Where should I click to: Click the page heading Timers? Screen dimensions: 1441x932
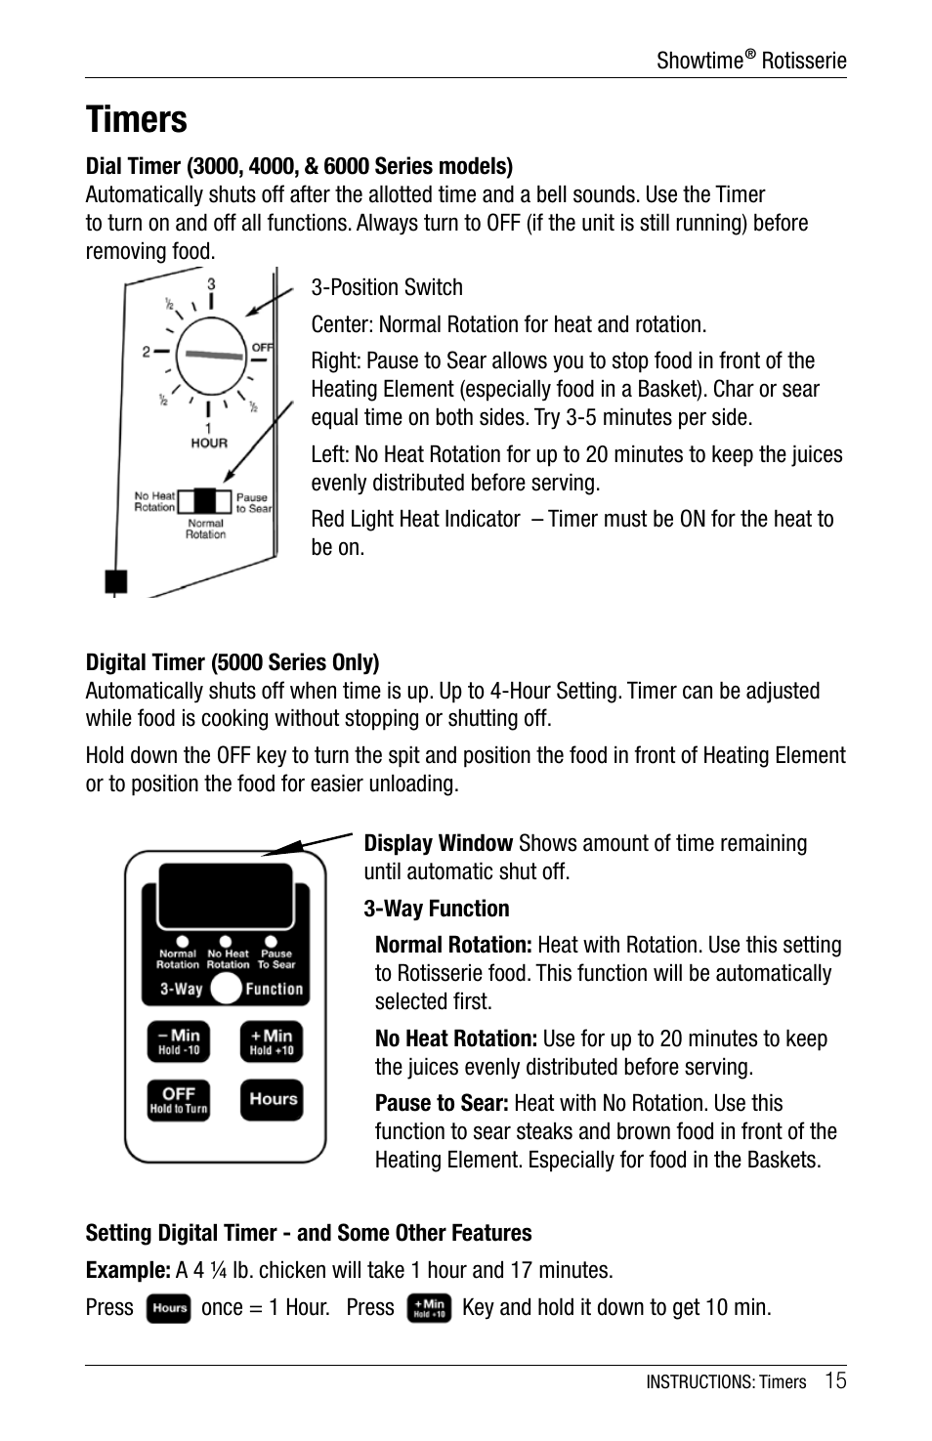136,120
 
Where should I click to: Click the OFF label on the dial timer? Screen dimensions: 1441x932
262,347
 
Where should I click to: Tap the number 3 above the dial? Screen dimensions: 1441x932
211,285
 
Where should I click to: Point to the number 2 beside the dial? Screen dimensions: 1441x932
146,352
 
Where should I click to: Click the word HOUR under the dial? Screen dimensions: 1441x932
208,443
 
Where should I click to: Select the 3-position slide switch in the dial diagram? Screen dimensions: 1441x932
205,501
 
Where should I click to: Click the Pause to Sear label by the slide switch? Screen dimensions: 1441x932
253,502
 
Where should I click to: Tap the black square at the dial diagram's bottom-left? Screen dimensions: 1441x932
116,582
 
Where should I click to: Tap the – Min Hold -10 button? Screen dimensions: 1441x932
179,1041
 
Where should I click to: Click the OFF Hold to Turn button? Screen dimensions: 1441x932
179,1099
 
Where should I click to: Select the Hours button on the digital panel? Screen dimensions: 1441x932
272,1099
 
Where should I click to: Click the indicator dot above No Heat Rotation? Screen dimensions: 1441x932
227,943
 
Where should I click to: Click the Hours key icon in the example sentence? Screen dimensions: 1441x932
168,1309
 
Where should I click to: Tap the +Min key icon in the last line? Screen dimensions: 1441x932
429,1309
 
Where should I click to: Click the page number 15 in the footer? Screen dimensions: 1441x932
834,1380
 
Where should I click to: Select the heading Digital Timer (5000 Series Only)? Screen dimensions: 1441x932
233,662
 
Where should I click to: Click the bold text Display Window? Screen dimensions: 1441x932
438,843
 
